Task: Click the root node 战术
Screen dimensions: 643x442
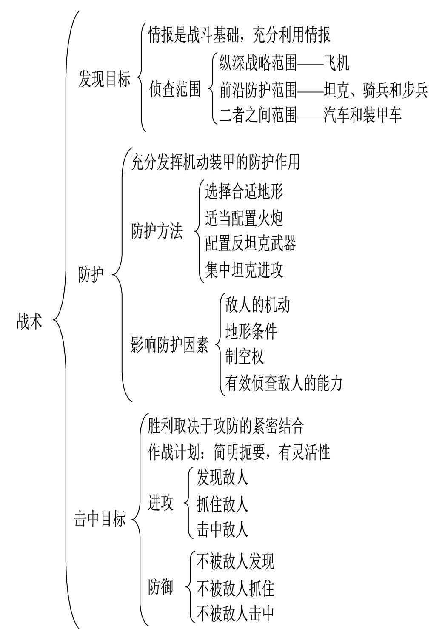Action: coord(30,321)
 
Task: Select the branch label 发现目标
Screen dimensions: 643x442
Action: coord(104,79)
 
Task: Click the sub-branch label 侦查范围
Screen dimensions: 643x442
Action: coord(175,90)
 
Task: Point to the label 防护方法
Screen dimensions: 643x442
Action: coord(157,232)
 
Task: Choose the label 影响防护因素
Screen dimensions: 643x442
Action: coord(170,345)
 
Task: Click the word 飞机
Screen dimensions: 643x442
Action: coord(336,63)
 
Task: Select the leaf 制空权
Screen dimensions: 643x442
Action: coord(245,356)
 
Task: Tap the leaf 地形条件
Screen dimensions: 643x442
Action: coord(251,330)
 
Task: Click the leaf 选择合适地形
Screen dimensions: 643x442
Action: coord(244,192)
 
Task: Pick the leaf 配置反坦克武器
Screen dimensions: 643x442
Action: coord(251,244)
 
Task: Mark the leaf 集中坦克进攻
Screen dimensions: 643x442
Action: coord(244,270)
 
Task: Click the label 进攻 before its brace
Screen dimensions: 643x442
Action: coord(160,504)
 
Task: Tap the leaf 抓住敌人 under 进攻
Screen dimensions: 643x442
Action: coord(222,504)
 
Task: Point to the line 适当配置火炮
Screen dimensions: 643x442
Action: coord(244,218)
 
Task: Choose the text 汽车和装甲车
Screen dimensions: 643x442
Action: coord(362,115)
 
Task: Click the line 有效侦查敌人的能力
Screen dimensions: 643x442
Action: coord(284,383)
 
